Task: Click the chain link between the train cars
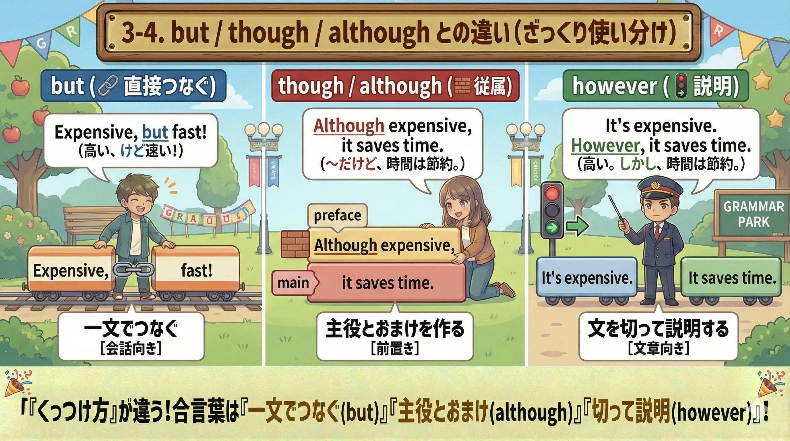133,270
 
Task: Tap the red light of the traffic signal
552,194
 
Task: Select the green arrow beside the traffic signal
577,227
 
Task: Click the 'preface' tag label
337,215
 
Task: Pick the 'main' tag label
293,283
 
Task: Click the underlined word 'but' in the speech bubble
155,132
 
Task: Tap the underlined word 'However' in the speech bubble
605,145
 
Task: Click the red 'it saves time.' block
388,283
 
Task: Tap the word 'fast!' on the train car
196,270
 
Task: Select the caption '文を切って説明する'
658,328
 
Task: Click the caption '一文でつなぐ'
131,329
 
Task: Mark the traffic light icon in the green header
681,86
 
